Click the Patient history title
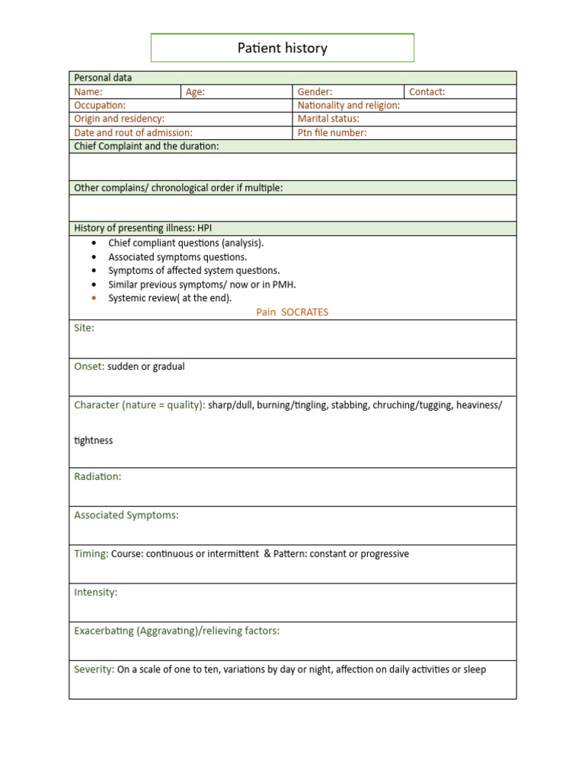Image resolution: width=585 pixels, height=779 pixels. (x=282, y=48)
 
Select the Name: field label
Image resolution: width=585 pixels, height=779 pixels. (x=88, y=92)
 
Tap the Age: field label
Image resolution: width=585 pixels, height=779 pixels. (x=195, y=92)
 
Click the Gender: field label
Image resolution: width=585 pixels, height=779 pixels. (x=315, y=92)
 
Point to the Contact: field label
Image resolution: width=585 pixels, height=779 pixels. (x=427, y=92)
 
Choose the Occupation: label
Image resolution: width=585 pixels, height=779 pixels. (x=100, y=106)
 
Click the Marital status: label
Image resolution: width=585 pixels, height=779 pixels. (x=328, y=119)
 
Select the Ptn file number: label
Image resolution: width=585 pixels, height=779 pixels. (x=332, y=132)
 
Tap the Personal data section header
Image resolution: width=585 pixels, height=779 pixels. (x=103, y=78)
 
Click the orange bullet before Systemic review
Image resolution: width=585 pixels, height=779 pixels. (x=93, y=298)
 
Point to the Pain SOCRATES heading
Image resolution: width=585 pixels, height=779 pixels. (x=292, y=312)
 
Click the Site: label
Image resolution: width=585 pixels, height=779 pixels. (x=84, y=328)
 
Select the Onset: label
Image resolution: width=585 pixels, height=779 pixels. (x=89, y=367)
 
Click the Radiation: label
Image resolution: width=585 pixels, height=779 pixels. (x=97, y=476)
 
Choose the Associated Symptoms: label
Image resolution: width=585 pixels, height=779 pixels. (x=126, y=515)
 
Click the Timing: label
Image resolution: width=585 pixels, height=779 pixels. (x=91, y=554)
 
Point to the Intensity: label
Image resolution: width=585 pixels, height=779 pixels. (x=96, y=592)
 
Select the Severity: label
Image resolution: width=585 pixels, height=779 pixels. (x=94, y=669)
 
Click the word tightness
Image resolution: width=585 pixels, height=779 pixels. (x=93, y=440)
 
